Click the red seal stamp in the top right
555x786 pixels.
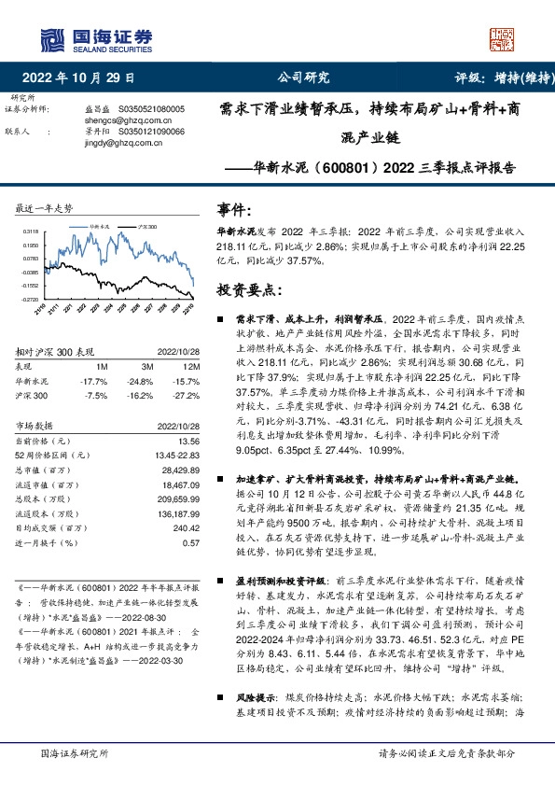point(502,38)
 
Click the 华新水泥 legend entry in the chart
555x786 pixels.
point(100,226)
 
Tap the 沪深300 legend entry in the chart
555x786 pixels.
point(146,226)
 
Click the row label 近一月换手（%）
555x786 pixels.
point(46,542)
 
